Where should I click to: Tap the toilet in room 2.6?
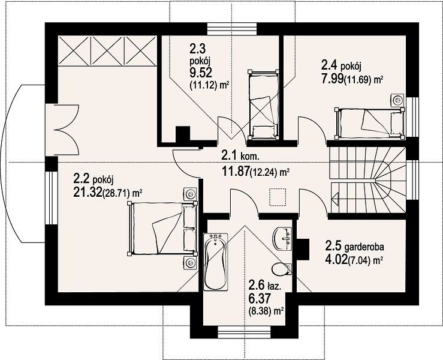coord(282,268)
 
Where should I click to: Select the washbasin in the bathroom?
coord(282,238)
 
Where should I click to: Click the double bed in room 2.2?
coord(162,229)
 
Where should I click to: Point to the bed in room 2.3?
coord(263,105)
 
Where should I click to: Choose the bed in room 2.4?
coord(369,124)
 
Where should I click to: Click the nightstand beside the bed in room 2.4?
coord(398,100)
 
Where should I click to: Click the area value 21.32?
coord(88,193)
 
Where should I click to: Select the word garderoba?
coord(364,247)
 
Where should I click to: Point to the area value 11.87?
coord(236,172)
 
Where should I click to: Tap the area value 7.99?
coord(332,78)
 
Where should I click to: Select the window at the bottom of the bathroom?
coord(245,332)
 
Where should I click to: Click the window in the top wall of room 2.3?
coord(232,29)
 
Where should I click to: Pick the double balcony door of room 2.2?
coord(62,130)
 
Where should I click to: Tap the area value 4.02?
coord(336,260)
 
